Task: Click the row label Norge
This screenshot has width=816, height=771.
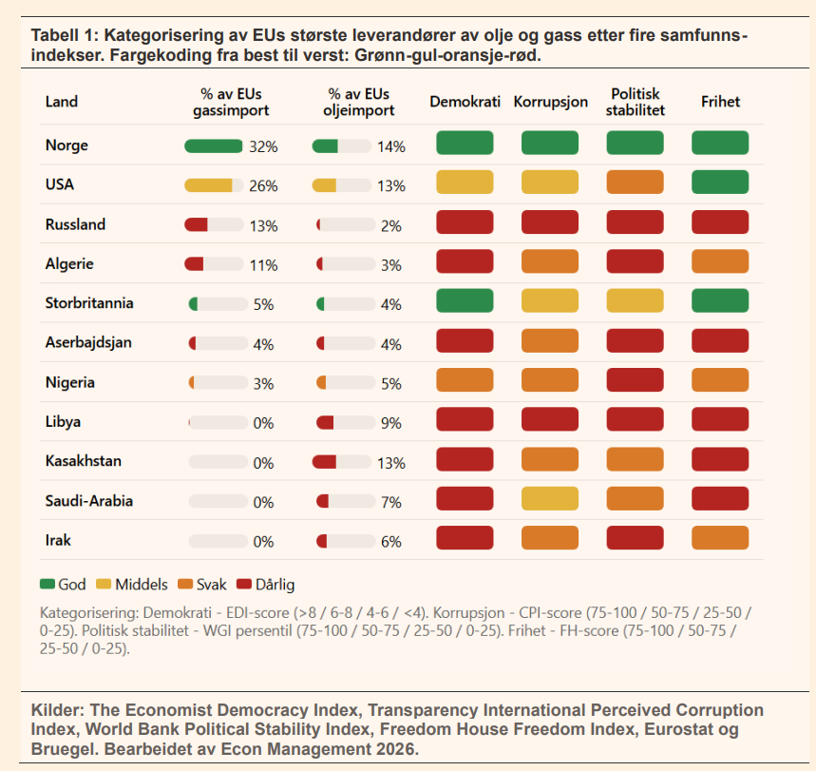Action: (x=66, y=145)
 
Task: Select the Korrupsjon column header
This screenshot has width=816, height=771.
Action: (x=550, y=102)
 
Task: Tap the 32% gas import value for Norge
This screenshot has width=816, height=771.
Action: (x=263, y=146)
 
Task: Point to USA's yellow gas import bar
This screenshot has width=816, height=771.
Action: (x=208, y=185)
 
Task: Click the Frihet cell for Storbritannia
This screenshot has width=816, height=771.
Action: (x=720, y=301)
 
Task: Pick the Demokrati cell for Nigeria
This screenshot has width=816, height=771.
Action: (x=465, y=380)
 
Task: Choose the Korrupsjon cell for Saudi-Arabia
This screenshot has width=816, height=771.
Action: (x=550, y=498)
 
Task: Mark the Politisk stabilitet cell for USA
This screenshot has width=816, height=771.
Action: (x=635, y=183)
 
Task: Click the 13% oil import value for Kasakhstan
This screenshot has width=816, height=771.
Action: (x=391, y=463)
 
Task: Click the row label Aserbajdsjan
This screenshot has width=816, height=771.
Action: (x=89, y=342)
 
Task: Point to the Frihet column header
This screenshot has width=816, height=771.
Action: (x=720, y=102)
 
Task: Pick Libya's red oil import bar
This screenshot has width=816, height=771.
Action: (x=326, y=422)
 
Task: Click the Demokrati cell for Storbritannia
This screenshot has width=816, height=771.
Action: (x=465, y=301)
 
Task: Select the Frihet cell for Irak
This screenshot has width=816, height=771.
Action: (x=720, y=538)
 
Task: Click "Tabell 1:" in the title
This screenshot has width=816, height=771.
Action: (x=65, y=35)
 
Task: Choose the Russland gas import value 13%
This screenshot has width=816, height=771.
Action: (x=263, y=226)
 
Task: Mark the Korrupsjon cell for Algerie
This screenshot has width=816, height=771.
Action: (x=550, y=261)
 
